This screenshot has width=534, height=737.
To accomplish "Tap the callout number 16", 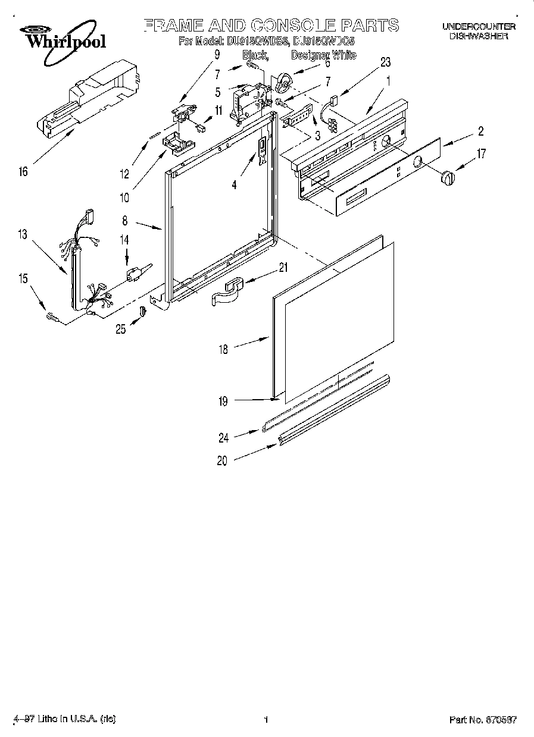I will (x=23, y=173).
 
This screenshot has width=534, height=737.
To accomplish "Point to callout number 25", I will (x=121, y=329).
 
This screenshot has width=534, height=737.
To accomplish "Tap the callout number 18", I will (x=223, y=350).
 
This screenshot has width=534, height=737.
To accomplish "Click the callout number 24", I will (x=223, y=439).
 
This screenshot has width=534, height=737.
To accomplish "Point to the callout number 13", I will (x=22, y=235).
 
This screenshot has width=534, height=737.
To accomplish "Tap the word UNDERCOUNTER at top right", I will (x=478, y=27).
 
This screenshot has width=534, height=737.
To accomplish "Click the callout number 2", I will (x=480, y=131).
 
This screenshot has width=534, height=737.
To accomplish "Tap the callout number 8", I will (x=125, y=220).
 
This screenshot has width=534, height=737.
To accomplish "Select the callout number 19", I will (x=223, y=402).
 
